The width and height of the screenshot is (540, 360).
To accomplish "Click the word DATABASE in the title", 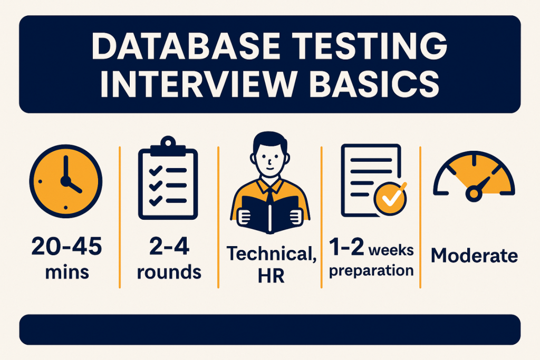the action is [x=186, y=46].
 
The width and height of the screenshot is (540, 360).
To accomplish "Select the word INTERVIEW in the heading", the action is [x=198, y=84].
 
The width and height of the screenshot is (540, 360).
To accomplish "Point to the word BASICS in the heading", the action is [x=374, y=84].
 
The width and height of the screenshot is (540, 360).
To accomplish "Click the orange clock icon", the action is [x=66, y=181].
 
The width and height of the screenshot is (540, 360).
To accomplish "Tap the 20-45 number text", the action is [x=66, y=247].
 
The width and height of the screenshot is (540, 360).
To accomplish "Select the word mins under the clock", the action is [x=67, y=272].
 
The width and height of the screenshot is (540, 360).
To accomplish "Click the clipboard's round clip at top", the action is [x=168, y=141].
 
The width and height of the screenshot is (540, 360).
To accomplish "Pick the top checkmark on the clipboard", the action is [x=156, y=170].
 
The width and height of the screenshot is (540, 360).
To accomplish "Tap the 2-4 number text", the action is [x=169, y=247].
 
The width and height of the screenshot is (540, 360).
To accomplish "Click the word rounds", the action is [x=169, y=272].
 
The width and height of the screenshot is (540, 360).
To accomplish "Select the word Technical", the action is [x=272, y=254].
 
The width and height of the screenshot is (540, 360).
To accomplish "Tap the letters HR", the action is [x=271, y=276].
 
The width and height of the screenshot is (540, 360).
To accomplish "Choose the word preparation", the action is [x=371, y=271].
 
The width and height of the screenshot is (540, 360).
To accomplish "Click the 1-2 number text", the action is [x=346, y=247].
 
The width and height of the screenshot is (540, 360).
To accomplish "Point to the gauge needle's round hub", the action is [x=474, y=193].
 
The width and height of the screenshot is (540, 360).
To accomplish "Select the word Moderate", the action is [x=474, y=255].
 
